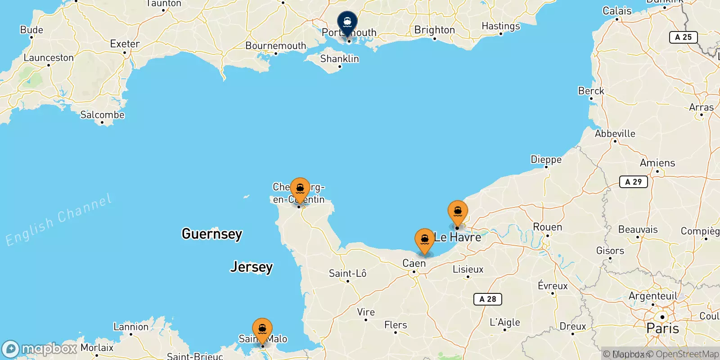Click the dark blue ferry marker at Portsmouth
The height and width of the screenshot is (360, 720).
pos(347,22)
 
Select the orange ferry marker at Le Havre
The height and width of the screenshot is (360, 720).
pos(458,211)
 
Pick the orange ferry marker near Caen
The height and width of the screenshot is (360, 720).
pos(424,239)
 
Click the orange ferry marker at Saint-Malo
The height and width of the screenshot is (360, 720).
pos(262,329)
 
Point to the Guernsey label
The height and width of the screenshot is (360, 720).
pos(212,234)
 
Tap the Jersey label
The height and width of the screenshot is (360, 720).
pos(252,267)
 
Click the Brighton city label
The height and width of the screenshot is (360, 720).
pos(434,30)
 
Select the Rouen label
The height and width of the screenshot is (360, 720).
pos(547,227)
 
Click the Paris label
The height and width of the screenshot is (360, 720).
pos(662,328)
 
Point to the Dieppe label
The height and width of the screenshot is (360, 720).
pos(546,159)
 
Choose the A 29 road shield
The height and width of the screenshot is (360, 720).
pos(633,182)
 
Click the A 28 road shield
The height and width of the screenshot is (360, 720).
pos(487,299)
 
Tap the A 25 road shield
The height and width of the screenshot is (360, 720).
pos(683,37)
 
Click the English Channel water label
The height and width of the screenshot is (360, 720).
pos(58,220)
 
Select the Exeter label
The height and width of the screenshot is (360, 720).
pos(125,44)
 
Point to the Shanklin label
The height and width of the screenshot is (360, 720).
pos(339,59)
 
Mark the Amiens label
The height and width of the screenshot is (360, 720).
pos(657,163)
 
